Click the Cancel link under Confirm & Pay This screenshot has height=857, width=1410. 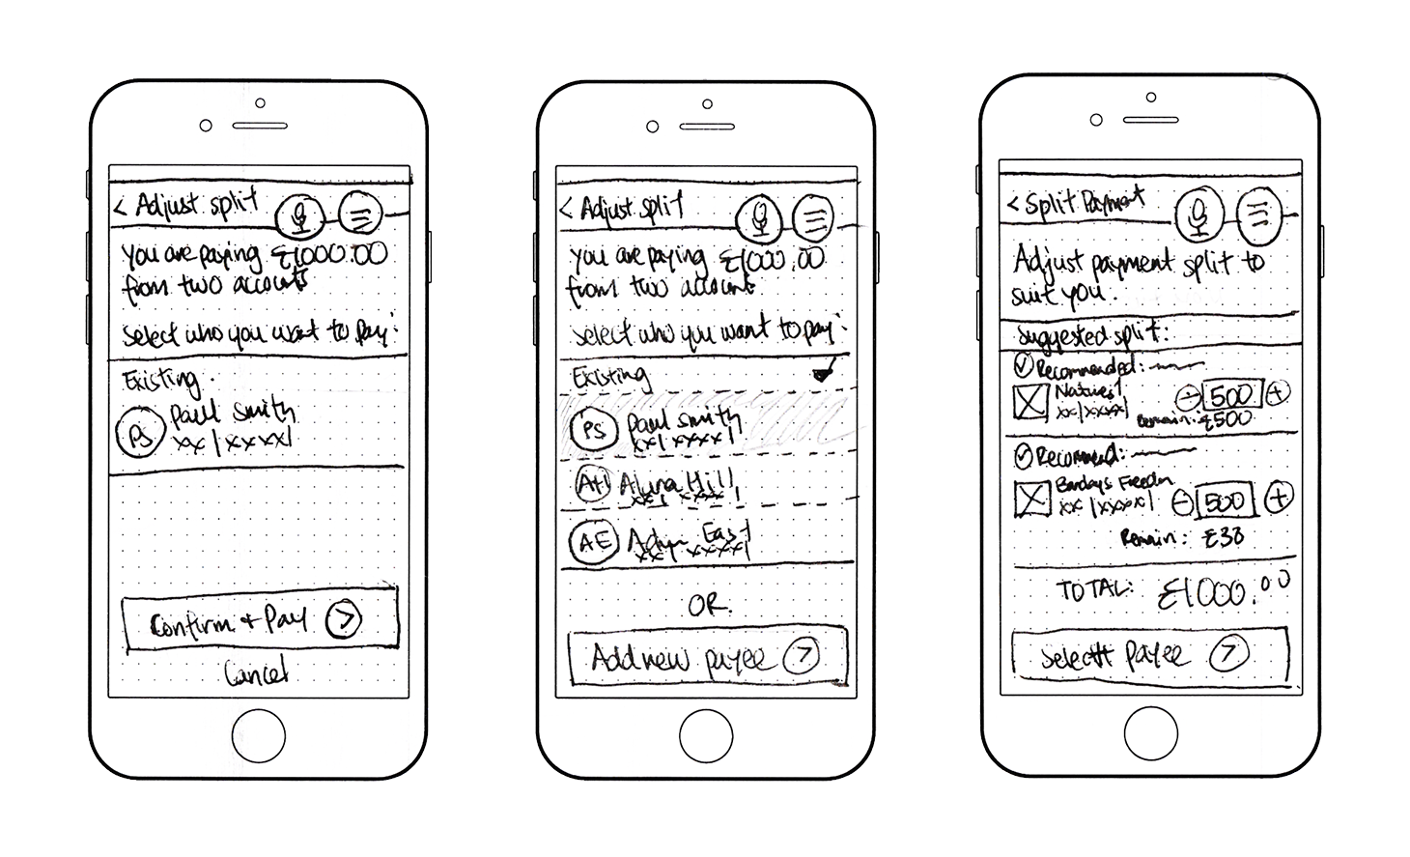pos(256,672)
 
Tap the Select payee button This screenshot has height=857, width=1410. pos(1149,656)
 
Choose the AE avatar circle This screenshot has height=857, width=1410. pos(592,541)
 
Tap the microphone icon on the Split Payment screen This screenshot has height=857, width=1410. pos(1199,214)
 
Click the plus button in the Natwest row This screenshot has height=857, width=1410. pos(1278,393)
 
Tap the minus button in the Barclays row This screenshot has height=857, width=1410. pos(1182,501)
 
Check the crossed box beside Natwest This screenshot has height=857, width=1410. pos(1030,401)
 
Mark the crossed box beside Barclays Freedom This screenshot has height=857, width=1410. pos(1032,499)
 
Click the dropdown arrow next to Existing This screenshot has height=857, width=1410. pos(822,372)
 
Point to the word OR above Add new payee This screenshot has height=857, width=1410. pos(707,606)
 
